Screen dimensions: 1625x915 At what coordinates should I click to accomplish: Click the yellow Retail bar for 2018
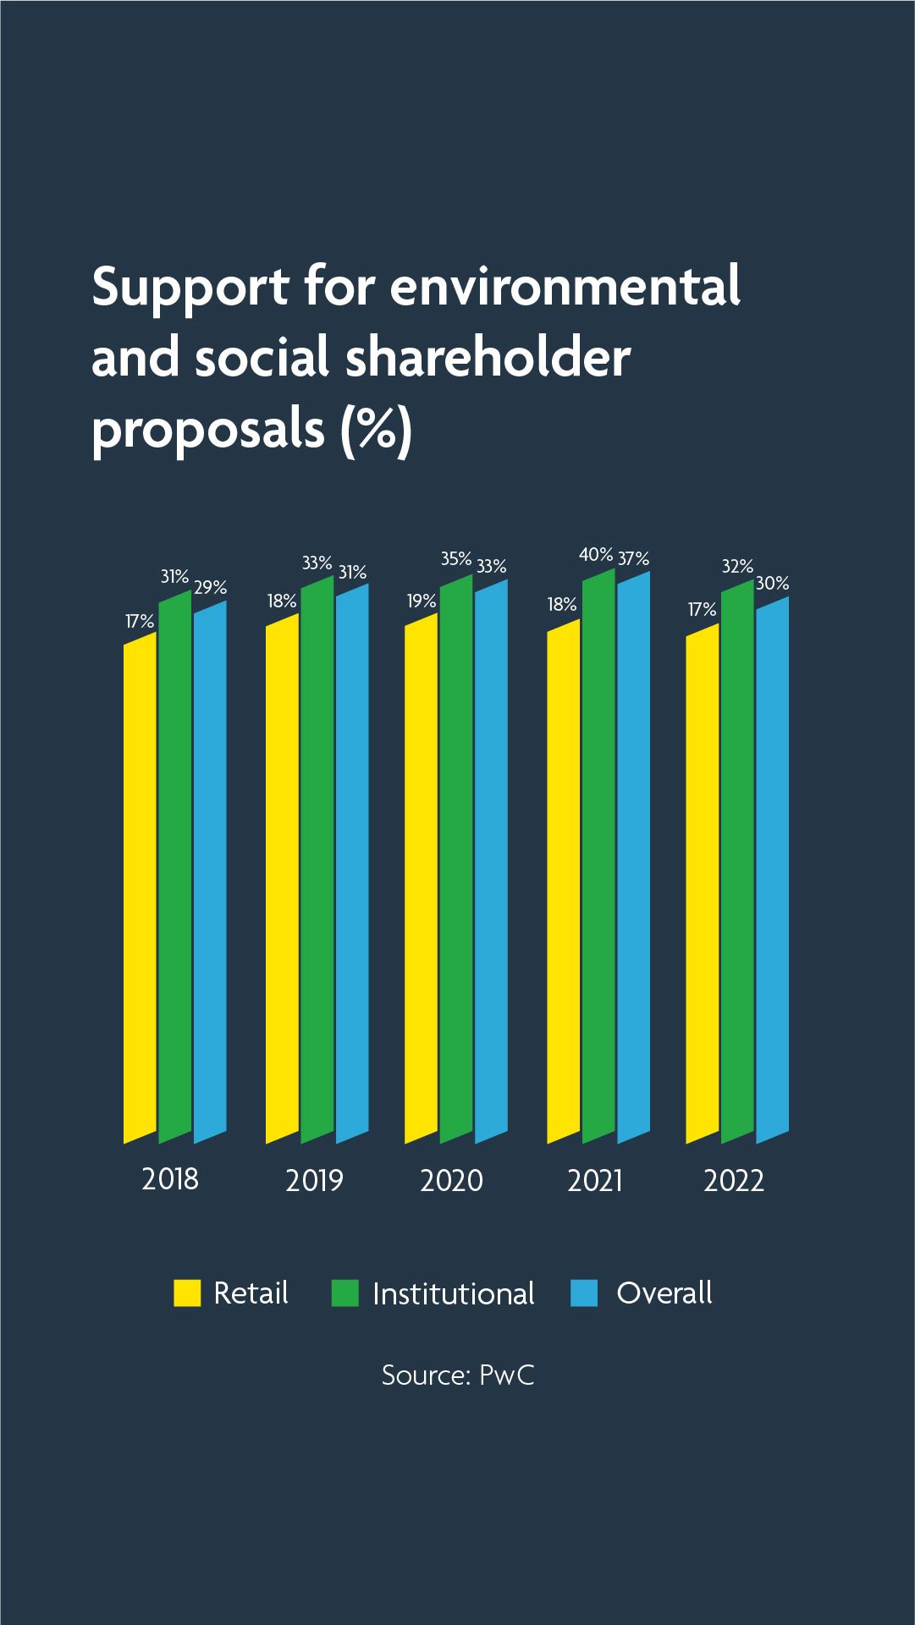[x=141, y=888]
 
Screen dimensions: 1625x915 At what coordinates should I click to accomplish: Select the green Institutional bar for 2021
[x=598, y=854]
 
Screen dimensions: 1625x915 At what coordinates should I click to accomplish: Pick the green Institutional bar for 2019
[x=317, y=859]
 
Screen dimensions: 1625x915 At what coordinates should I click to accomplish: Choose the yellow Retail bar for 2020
[x=422, y=880]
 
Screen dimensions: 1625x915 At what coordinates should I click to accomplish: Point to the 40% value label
[x=596, y=555]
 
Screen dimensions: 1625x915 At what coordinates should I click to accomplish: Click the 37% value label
[x=633, y=558]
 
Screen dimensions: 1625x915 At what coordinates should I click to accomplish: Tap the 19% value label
[x=422, y=601]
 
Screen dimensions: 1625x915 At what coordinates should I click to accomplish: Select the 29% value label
[x=210, y=587]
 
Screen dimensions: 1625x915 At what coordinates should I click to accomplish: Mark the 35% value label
[x=456, y=558]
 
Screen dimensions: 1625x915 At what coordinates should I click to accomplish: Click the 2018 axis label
[x=170, y=1179]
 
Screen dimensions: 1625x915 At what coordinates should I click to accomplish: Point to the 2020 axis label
[x=451, y=1180]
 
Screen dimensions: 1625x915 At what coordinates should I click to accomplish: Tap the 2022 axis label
[x=734, y=1180]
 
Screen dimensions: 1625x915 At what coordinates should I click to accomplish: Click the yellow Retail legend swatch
[x=187, y=1293]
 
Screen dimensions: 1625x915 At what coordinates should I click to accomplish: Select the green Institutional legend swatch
[x=345, y=1293]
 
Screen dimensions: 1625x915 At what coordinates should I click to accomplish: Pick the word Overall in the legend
[x=664, y=1293]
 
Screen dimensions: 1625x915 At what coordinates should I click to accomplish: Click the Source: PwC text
[x=458, y=1375]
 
